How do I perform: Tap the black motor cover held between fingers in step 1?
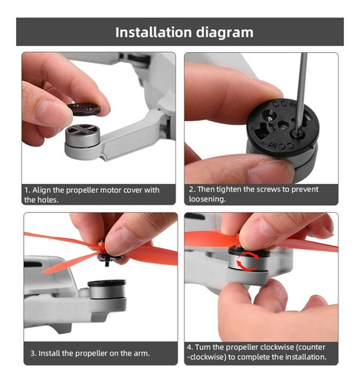pyautogui.click(x=84, y=109)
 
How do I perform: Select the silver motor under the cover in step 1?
pyautogui.click(x=82, y=136)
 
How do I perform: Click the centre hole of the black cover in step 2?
pyautogui.click(x=283, y=125)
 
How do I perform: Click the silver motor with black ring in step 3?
pyautogui.click(x=107, y=290)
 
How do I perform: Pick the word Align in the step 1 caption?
pyautogui.click(x=42, y=190)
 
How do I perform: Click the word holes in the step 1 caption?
pyautogui.click(x=48, y=200)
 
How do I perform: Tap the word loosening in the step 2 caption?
pyautogui.click(x=208, y=199)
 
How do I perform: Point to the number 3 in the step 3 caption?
pyautogui.click(x=33, y=353)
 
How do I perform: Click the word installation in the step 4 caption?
pyautogui.click(x=306, y=357)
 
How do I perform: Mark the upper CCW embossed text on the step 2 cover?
pyautogui.click(x=285, y=104)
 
